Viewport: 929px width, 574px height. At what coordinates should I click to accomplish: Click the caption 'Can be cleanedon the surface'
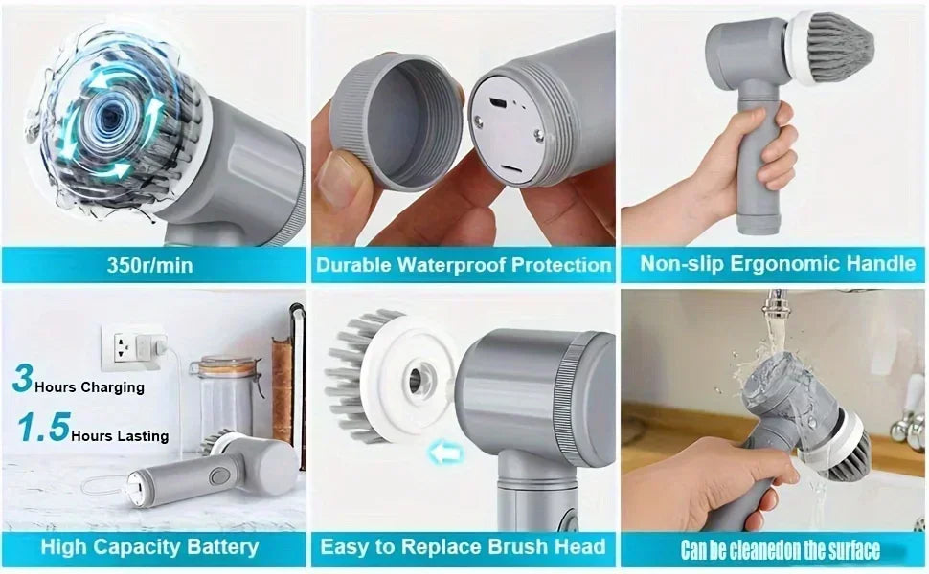(780, 550)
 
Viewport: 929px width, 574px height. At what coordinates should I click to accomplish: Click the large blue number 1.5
(42, 428)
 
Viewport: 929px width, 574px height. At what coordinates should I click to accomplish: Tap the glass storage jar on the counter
(227, 397)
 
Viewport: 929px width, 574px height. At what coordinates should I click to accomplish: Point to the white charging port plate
(508, 134)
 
